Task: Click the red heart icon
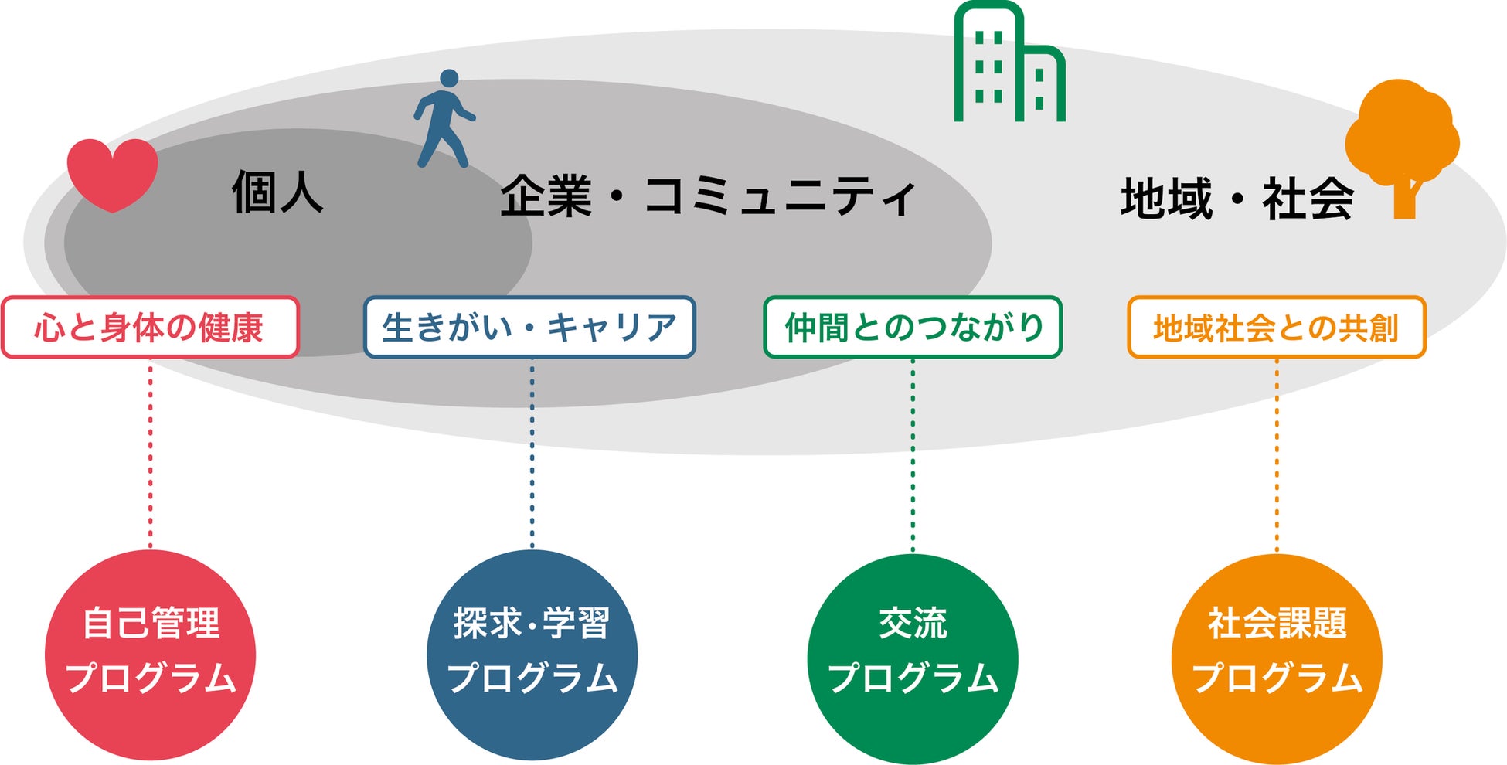[113, 172]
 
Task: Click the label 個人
[277, 192]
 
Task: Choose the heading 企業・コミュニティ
[707, 196]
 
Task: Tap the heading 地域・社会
[1237, 199]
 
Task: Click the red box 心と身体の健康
[150, 328]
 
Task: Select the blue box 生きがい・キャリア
[529, 328]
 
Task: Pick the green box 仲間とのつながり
[913, 328]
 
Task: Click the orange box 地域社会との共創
[1276, 328]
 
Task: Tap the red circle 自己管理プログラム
[150, 654]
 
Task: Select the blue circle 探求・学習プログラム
[532, 654]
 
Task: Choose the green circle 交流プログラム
[913, 657]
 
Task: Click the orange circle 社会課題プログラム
[1277, 657]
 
